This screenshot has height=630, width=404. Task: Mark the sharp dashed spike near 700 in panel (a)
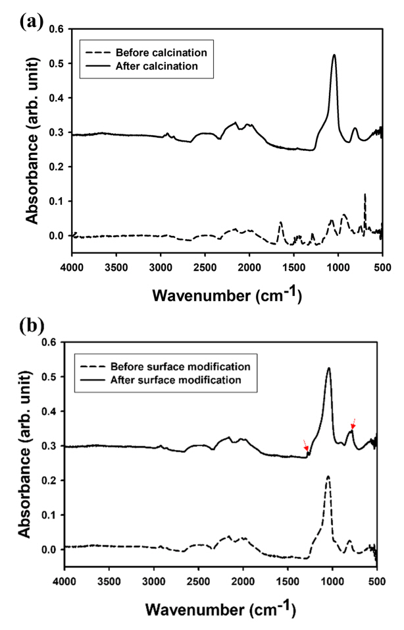365,195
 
